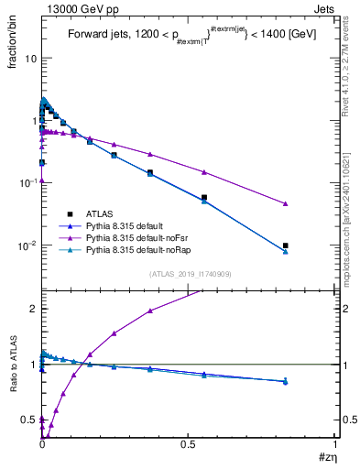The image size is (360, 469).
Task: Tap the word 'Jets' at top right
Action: pos(325,8)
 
